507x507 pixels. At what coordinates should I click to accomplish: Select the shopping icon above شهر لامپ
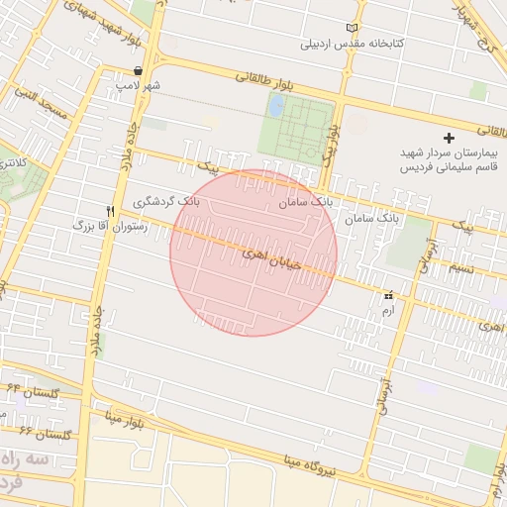tap(138, 70)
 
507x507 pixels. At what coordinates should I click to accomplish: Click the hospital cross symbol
tap(449, 138)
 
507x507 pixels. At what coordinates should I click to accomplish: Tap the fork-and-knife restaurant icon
tap(111, 210)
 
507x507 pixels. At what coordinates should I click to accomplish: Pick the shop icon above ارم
tap(387, 295)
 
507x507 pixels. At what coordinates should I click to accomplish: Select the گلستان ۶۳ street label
tap(44, 435)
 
